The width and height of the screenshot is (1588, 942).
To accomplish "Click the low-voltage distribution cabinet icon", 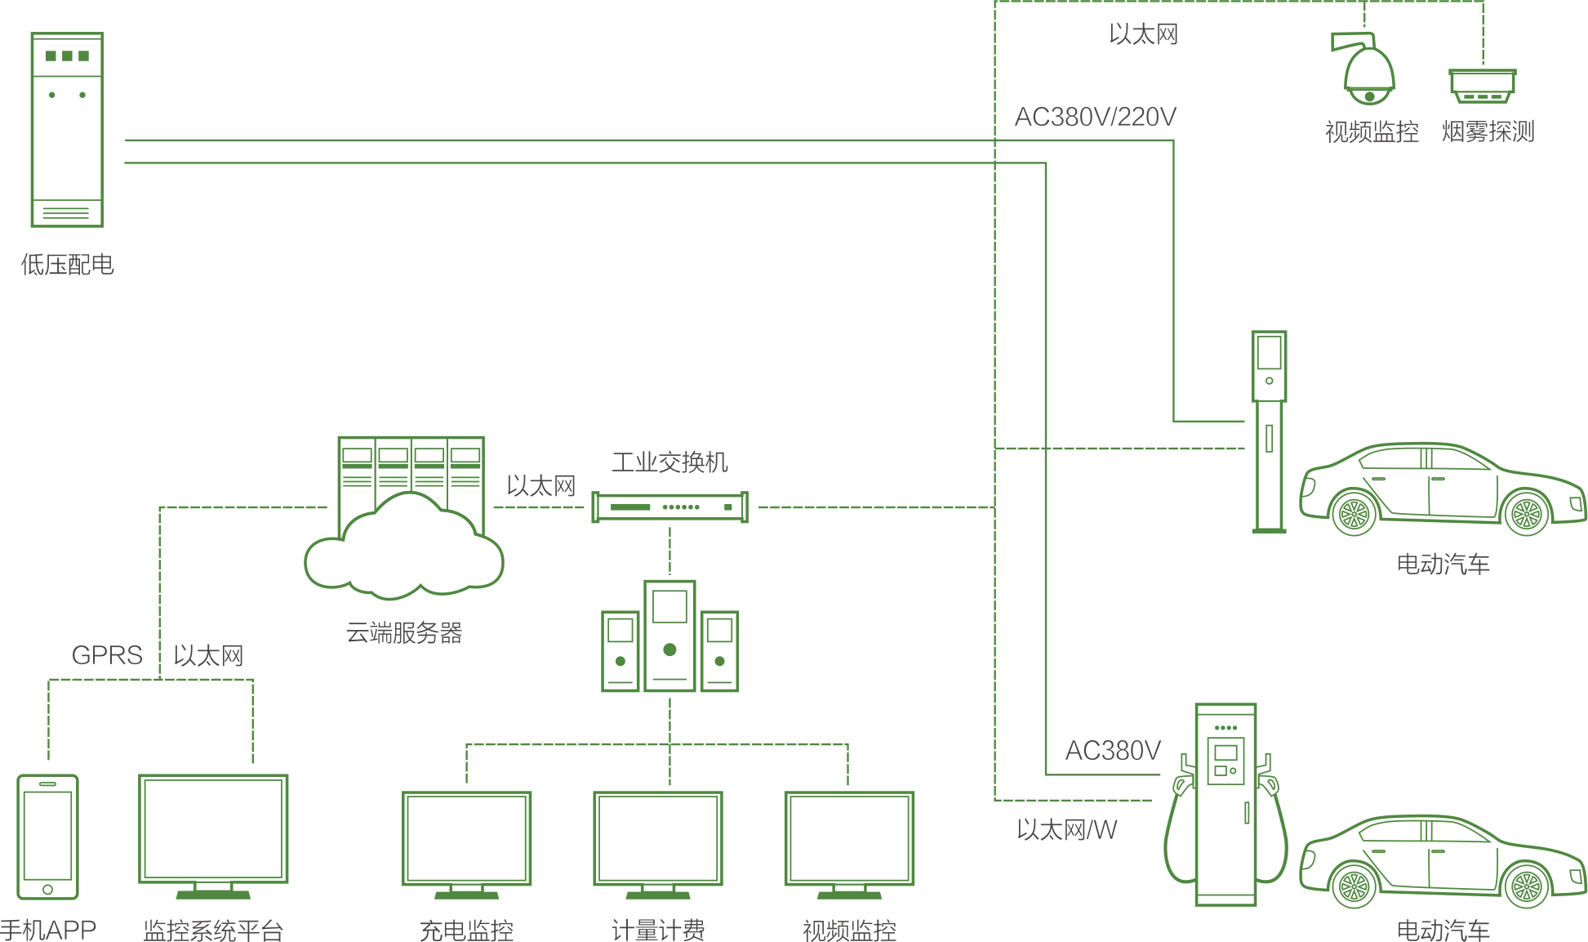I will tap(67, 130).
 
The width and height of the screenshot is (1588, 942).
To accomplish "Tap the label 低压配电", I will tap(67, 265).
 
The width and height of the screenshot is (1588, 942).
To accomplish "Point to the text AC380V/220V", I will tap(1095, 118).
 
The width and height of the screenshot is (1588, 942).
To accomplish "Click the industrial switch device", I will tap(669, 507).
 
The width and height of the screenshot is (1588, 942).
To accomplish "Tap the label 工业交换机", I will tap(669, 462).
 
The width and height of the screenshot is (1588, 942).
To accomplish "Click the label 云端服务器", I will tap(404, 632).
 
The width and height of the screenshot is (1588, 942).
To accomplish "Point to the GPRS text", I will tap(107, 655).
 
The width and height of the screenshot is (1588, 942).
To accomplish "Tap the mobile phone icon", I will tap(48, 837).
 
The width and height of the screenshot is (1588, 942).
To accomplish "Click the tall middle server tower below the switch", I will tap(669, 636).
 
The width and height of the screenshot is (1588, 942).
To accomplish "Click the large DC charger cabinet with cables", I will tap(1225, 805).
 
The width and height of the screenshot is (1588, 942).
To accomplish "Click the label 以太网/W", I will tap(1066, 830).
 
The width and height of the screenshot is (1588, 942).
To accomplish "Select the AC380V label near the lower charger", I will tap(1113, 751).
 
